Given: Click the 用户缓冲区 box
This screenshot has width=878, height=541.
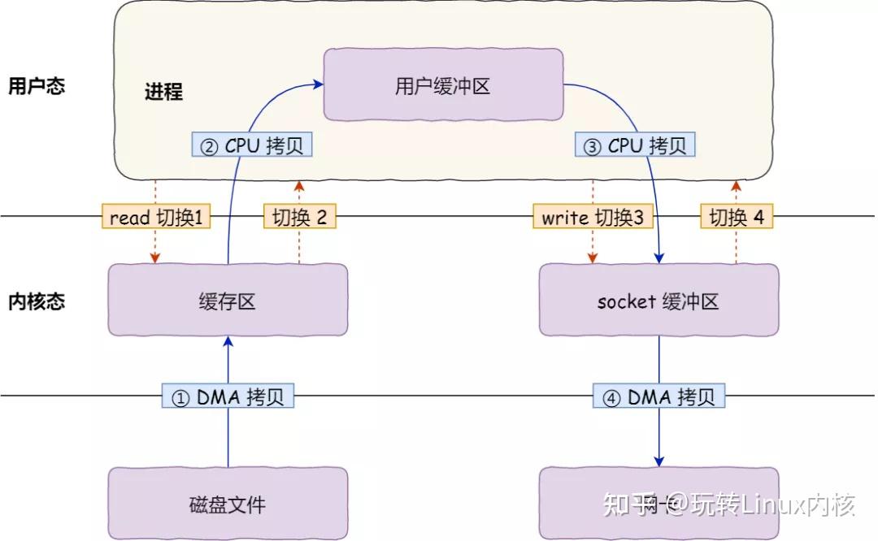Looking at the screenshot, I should pos(443,84).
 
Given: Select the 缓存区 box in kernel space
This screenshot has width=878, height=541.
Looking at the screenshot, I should pos(228,300).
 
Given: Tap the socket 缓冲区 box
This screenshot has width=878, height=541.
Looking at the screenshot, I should pos(658,300).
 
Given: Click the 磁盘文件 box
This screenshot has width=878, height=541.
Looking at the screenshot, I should pos(228,504).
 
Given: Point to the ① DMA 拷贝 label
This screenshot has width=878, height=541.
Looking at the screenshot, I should pos(228,396).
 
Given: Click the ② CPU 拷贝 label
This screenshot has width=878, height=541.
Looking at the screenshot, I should pos(252,145).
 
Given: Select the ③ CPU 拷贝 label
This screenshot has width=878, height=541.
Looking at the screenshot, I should pos(636,145).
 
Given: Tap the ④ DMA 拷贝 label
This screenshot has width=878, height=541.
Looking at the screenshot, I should pos(658,396).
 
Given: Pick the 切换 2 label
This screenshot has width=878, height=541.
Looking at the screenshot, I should pos(299,217).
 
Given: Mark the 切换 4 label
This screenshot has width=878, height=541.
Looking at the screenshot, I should pos(737,217).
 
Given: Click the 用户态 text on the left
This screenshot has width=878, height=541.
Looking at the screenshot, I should pos(37,86).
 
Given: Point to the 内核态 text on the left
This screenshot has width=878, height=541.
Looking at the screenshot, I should pos(37,301).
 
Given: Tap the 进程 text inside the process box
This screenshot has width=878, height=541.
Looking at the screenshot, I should pos(163,91).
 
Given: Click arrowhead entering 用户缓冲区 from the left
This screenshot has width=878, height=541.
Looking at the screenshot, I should pos(318,82).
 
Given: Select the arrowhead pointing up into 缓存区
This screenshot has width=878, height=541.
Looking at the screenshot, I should pos(228,342).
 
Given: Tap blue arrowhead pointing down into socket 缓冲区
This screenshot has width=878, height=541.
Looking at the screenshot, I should pos(658,258).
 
